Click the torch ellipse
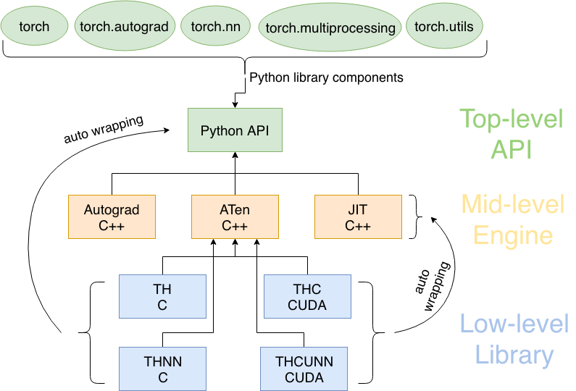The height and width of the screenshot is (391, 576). tap(35, 27)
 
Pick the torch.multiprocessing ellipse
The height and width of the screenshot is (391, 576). tap(330, 28)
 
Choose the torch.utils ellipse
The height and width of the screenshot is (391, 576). tap(443, 26)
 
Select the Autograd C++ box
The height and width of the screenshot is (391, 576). tap(111, 217)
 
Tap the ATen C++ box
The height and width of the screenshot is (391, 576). tap(234, 217)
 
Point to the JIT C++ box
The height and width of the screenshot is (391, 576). tap(357, 217)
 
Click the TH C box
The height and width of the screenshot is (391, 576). tap(162, 297)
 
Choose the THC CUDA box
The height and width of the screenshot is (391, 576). tap(306, 297)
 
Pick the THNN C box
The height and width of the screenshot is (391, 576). tap(162, 369)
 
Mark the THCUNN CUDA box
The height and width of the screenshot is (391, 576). tap(304, 369)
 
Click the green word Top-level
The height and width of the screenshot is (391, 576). tap(511, 119)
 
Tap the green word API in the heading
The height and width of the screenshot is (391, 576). tap(511, 149)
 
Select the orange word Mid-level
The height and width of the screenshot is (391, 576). tap(512, 205)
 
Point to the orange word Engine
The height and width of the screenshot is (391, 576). tap(512, 235)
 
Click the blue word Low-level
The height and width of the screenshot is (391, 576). tap(514, 324)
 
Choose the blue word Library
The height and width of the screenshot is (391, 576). tap(514, 355)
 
